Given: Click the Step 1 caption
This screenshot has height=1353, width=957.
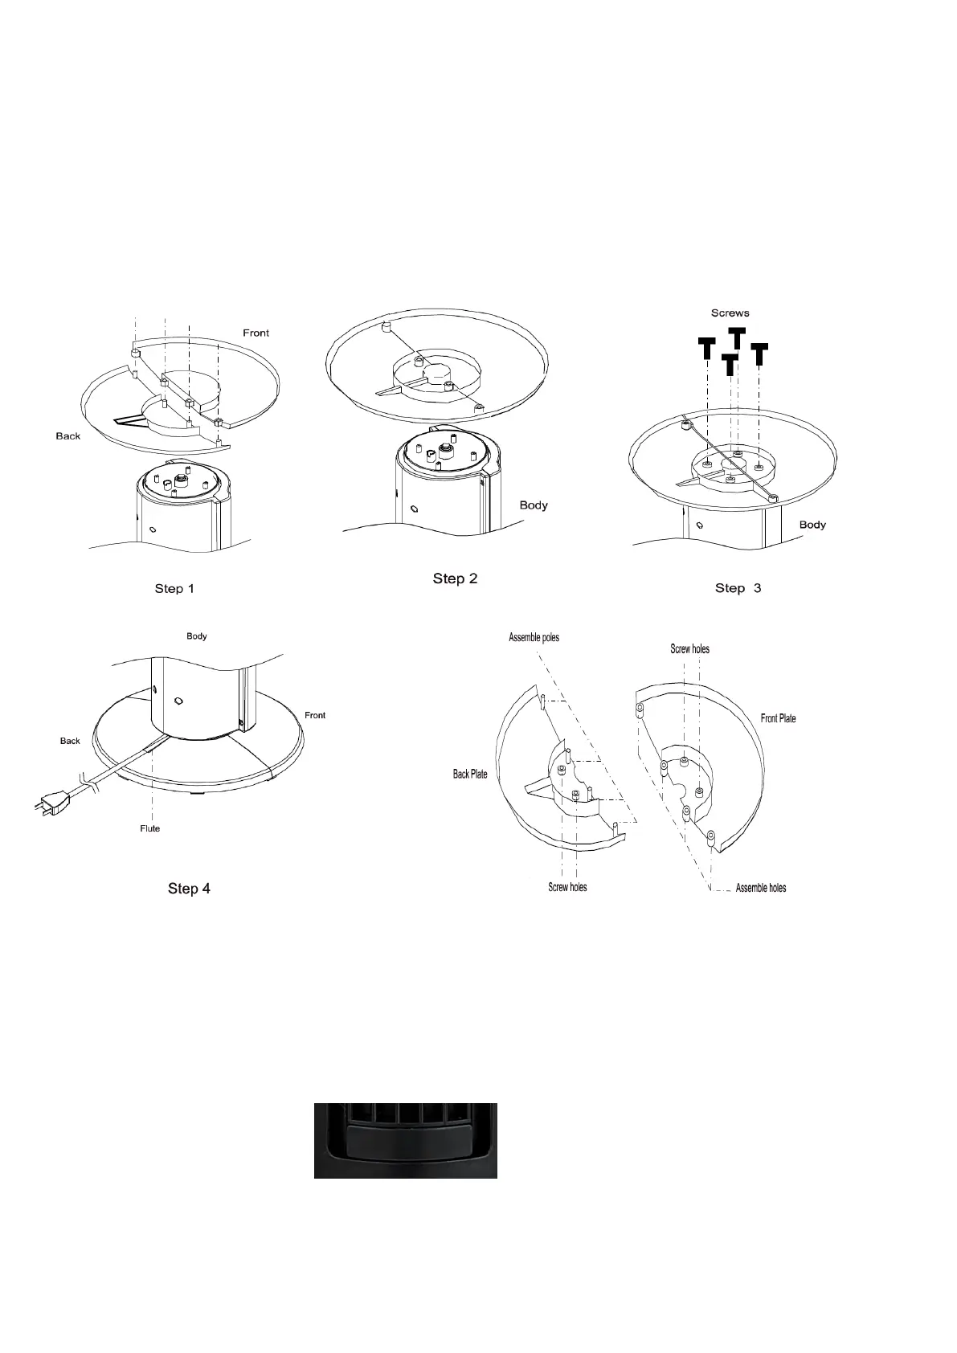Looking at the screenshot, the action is click(174, 589).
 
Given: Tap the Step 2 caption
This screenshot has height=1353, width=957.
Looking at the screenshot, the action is click(455, 578).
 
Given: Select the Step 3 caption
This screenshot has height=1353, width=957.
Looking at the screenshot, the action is click(738, 588).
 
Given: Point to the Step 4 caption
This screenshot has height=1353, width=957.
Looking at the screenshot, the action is click(189, 888).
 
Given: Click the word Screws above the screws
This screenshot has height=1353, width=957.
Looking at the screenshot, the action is click(730, 313).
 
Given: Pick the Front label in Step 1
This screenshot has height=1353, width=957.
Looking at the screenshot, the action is click(256, 333).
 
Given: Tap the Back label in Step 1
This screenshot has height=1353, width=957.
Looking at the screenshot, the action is click(68, 435).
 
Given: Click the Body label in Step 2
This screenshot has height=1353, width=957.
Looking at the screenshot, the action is click(534, 505).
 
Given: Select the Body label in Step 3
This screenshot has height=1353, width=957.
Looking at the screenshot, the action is click(812, 525).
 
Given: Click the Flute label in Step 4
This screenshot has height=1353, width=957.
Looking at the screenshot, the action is click(150, 828).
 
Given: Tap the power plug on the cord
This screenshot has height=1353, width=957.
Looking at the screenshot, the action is click(49, 801).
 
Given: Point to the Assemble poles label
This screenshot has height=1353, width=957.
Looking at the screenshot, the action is click(534, 637).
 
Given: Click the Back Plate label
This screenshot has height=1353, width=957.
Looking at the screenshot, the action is click(470, 775).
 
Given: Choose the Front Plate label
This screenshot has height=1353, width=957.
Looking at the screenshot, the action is click(778, 718).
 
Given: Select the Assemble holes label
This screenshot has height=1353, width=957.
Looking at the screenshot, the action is click(760, 888).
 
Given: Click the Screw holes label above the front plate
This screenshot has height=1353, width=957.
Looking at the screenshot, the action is click(689, 648).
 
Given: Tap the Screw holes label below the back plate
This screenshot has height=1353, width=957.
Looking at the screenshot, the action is click(567, 887).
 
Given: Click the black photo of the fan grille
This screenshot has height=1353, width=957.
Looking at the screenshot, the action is click(405, 1140).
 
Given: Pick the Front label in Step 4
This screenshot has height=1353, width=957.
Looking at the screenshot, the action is click(315, 715).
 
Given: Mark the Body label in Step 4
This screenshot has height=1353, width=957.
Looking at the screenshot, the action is click(197, 636).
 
